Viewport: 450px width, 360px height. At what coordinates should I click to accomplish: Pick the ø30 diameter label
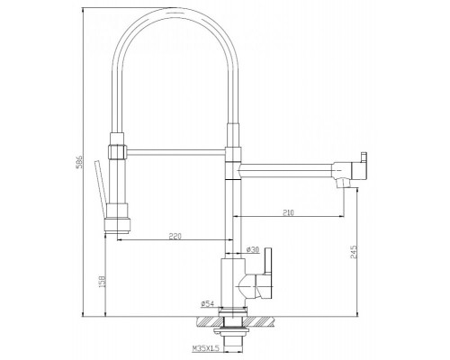tap(253, 249)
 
